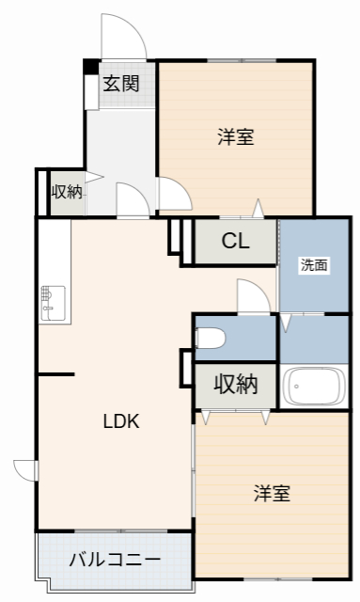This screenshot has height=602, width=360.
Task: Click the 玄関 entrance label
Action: (x=120, y=83)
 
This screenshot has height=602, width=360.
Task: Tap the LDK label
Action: (x=121, y=421)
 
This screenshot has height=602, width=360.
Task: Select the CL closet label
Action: (x=235, y=242)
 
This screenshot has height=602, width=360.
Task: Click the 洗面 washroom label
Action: (x=314, y=265)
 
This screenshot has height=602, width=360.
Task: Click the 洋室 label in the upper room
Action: (x=236, y=137)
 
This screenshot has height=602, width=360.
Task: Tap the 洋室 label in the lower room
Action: (x=272, y=493)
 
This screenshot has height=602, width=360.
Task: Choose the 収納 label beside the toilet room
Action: (x=235, y=384)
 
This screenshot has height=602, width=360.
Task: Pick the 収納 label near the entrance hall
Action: (x=66, y=192)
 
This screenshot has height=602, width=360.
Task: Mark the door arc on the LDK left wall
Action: (x=24, y=468)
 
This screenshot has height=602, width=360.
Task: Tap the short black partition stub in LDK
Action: (x=55, y=375)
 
